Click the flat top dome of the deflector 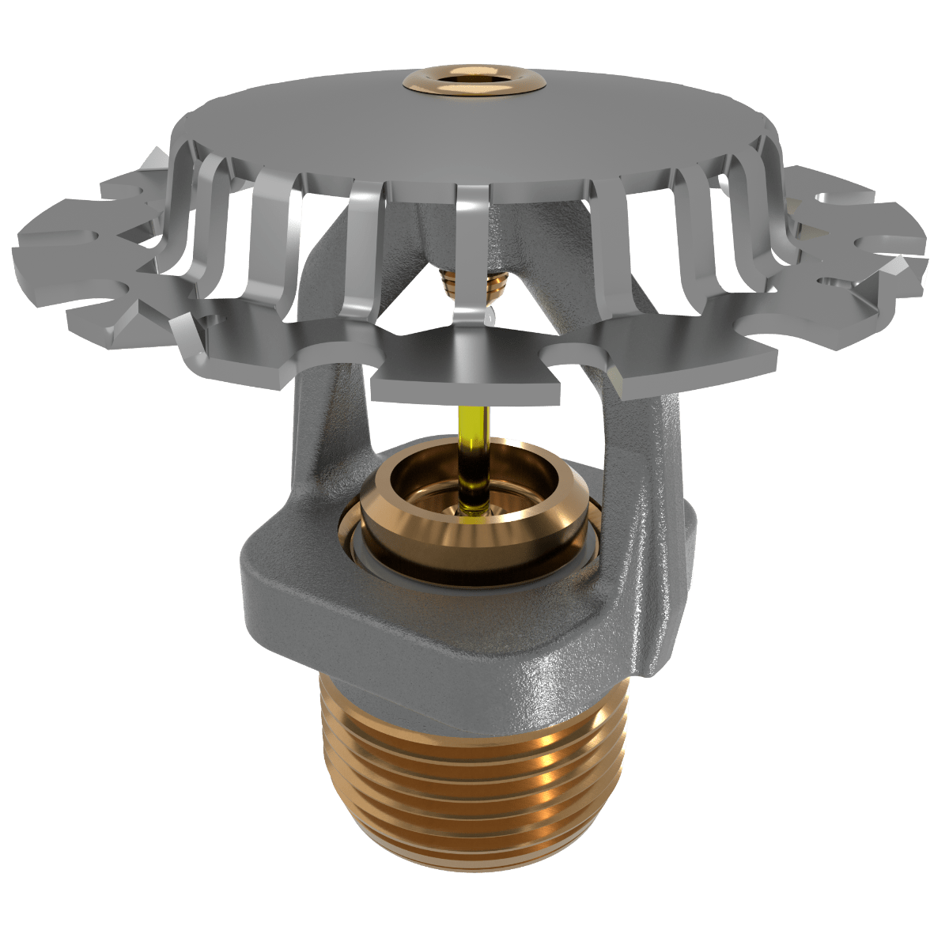(475, 134)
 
